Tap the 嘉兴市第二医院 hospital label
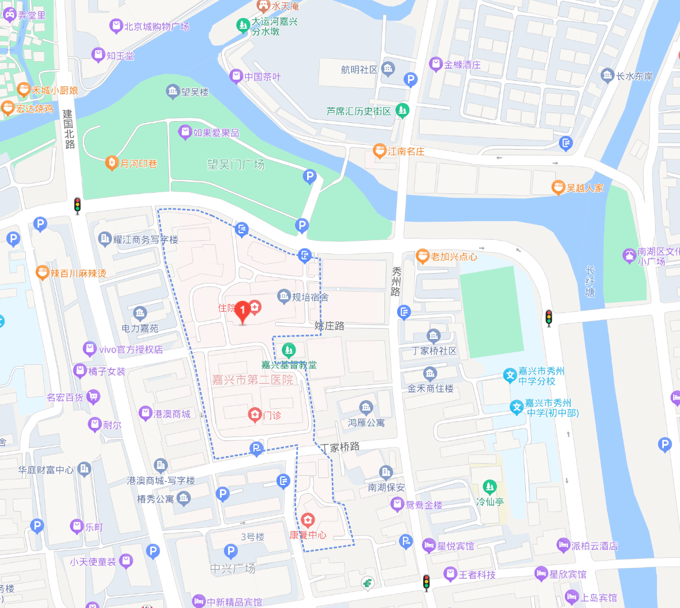[252, 380]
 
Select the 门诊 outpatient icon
[255, 415]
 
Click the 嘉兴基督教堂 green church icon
[288, 350]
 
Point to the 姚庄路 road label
[330, 326]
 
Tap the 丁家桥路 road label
[341, 447]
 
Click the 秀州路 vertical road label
[396, 281]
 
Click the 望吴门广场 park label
[236, 165]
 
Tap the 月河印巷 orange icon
[111, 163]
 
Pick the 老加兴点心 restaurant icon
[423, 256]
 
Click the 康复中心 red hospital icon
[308, 520]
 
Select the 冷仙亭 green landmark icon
[490, 487]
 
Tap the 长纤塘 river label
[590, 281]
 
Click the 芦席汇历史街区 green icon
[402, 111]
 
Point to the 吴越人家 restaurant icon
[558, 188]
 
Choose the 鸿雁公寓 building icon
[366, 408]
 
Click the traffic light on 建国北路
[77, 206]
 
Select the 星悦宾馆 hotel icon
[428, 545]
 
